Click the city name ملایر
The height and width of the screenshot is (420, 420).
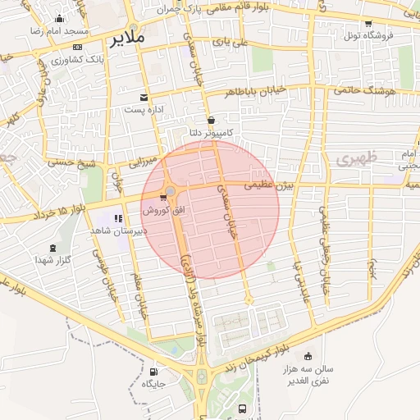pos(130,38)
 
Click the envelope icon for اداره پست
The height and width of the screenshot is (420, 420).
pos(145,98)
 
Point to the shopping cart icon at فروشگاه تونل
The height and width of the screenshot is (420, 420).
pos(367,24)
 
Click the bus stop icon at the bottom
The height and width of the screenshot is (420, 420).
pos(241,408)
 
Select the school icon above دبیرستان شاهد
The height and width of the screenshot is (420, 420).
pos(117,219)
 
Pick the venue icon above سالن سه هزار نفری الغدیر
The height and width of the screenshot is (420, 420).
pos(307,356)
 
